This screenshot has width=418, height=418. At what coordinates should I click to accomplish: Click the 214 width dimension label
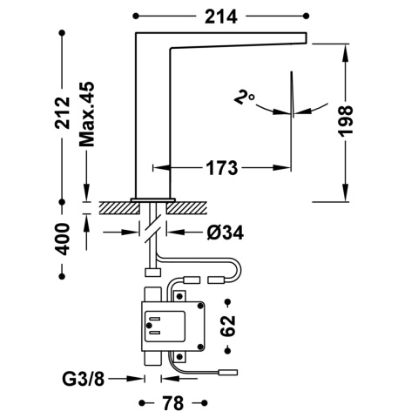click(x=223, y=15)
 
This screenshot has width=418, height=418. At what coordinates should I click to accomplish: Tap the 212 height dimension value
click(x=62, y=112)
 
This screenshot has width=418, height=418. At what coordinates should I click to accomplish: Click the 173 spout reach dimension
click(x=222, y=166)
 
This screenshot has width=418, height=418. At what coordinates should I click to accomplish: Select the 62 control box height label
click(x=228, y=325)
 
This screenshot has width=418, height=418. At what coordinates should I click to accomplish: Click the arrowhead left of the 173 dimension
click(x=158, y=166)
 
